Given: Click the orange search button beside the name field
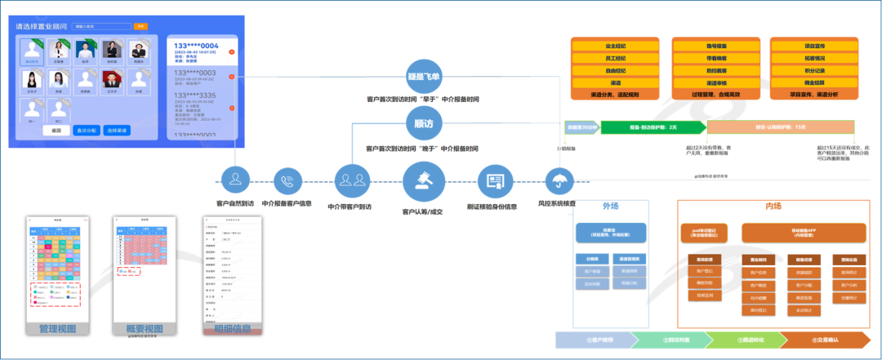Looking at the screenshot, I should point(140,26).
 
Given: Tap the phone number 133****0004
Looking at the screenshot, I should point(196,46).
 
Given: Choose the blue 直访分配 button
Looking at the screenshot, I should point(87,131).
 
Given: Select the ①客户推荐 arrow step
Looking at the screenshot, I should point(599,340).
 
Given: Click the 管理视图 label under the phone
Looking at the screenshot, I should point(57,329).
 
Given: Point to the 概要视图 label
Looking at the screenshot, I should point(144,329).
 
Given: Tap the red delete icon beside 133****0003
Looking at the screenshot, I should point(232,78).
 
